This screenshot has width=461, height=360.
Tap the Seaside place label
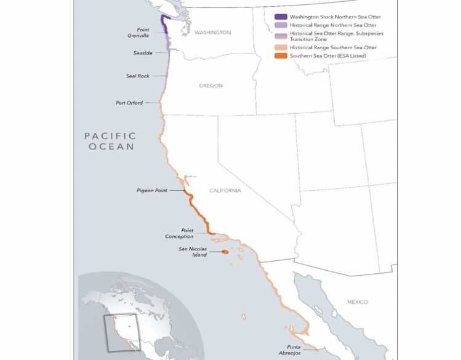tap(142, 53)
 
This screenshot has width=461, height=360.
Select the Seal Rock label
tap(138, 76)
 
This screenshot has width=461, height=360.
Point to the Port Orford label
tap(129, 103)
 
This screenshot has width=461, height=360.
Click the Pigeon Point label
tap(151, 191)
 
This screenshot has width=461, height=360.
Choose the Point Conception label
tap(179, 233)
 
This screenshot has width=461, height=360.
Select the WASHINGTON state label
tap(212, 32)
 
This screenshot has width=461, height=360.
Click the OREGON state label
tap(210, 86)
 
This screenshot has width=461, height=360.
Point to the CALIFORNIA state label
tap(225, 191)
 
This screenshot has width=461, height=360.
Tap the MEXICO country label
tap(357, 302)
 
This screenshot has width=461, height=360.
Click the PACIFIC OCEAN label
tap(111, 141)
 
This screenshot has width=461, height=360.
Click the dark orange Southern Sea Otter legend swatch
tap(280, 56)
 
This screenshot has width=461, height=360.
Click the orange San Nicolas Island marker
tap(225, 252)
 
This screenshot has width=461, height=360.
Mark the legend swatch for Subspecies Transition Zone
tap(280, 36)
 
